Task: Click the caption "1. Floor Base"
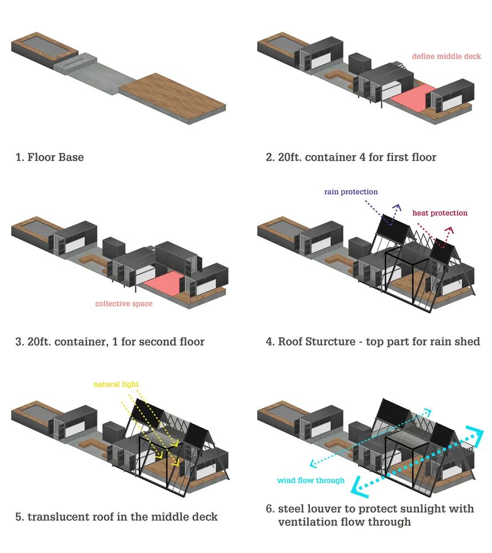tap(49, 158)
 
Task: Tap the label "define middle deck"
tap(446, 56)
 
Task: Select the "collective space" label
tap(123, 304)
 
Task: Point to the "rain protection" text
tap(351, 192)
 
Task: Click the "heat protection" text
tap(439, 213)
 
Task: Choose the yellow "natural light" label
tap(116, 384)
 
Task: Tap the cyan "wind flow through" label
tap(310, 480)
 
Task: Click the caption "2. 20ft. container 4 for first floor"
tap(351, 158)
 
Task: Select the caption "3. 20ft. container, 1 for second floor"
tap(110, 342)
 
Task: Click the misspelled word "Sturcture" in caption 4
tap(330, 342)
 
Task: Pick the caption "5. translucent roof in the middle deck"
tap(116, 517)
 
